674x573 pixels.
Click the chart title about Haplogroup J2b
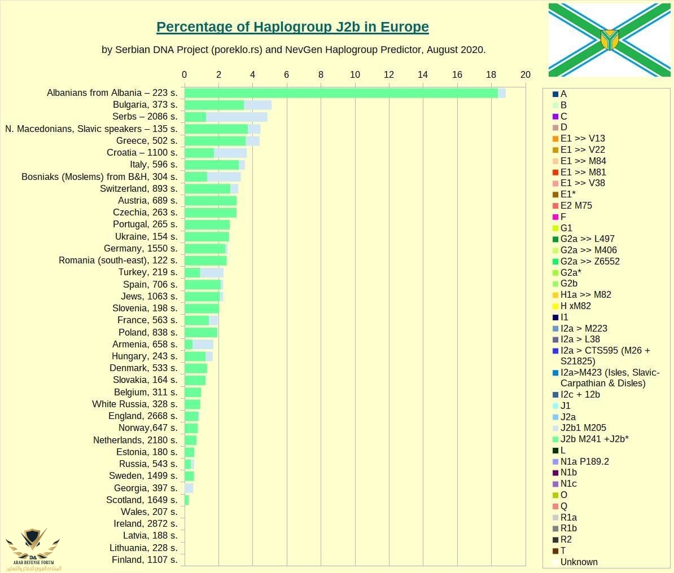(292, 27)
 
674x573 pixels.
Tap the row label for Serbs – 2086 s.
(145, 117)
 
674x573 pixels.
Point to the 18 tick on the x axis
(491, 75)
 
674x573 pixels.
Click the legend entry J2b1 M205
(583, 428)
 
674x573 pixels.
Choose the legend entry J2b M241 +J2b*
(594, 439)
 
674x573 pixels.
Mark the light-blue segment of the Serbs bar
(236, 117)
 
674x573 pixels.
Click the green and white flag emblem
(610, 40)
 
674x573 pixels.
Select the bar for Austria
(211, 201)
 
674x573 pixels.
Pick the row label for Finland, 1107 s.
(145, 560)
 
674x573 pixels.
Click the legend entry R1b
(568, 528)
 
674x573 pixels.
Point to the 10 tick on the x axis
(355, 75)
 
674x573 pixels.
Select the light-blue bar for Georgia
(189, 488)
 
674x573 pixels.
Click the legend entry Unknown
(579, 562)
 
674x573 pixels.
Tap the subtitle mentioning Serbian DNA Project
(294, 50)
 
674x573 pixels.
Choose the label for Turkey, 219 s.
(148, 272)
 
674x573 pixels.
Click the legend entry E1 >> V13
(582, 139)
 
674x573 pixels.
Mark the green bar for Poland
(201, 332)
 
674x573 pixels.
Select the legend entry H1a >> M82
(585, 295)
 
